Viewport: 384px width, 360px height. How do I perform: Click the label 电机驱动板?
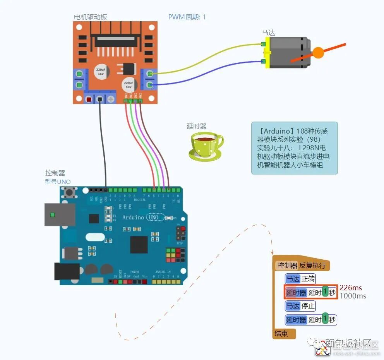pyautogui.click(x=90, y=17)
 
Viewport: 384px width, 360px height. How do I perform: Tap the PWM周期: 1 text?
pyautogui.click(x=187, y=17)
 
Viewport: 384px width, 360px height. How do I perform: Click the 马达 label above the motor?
pyautogui.click(x=268, y=33)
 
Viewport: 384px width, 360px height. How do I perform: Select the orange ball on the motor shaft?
pyautogui.click(x=318, y=53)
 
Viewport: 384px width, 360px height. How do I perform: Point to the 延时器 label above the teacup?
pyautogui.click(x=197, y=126)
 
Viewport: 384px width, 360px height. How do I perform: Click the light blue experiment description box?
pyautogui.click(x=294, y=148)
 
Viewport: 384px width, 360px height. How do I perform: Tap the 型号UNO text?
pyautogui.click(x=58, y=182)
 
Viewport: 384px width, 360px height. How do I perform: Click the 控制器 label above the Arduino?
pyautogui.click(x=55, y=173)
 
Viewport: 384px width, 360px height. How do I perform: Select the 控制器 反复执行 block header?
pyautogui.click(x=301, y=266)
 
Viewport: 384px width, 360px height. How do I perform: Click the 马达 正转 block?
pyautogui.click(x=300, y=279)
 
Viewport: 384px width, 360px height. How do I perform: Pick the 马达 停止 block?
pyautogui.click(x=300, y=306)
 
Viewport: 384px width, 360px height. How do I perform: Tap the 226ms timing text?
pyautogui.click(x=351, y=288)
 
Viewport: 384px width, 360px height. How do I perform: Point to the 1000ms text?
pyautogui.click(x=353, y=296)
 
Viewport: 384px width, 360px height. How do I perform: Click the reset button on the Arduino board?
pyautogui.click(x=70, y=192)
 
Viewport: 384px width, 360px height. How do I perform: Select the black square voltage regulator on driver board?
pyautogui.click(x=127, y=69)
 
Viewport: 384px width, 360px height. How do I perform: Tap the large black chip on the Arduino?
pyautogui.click(x=139, y=245)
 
